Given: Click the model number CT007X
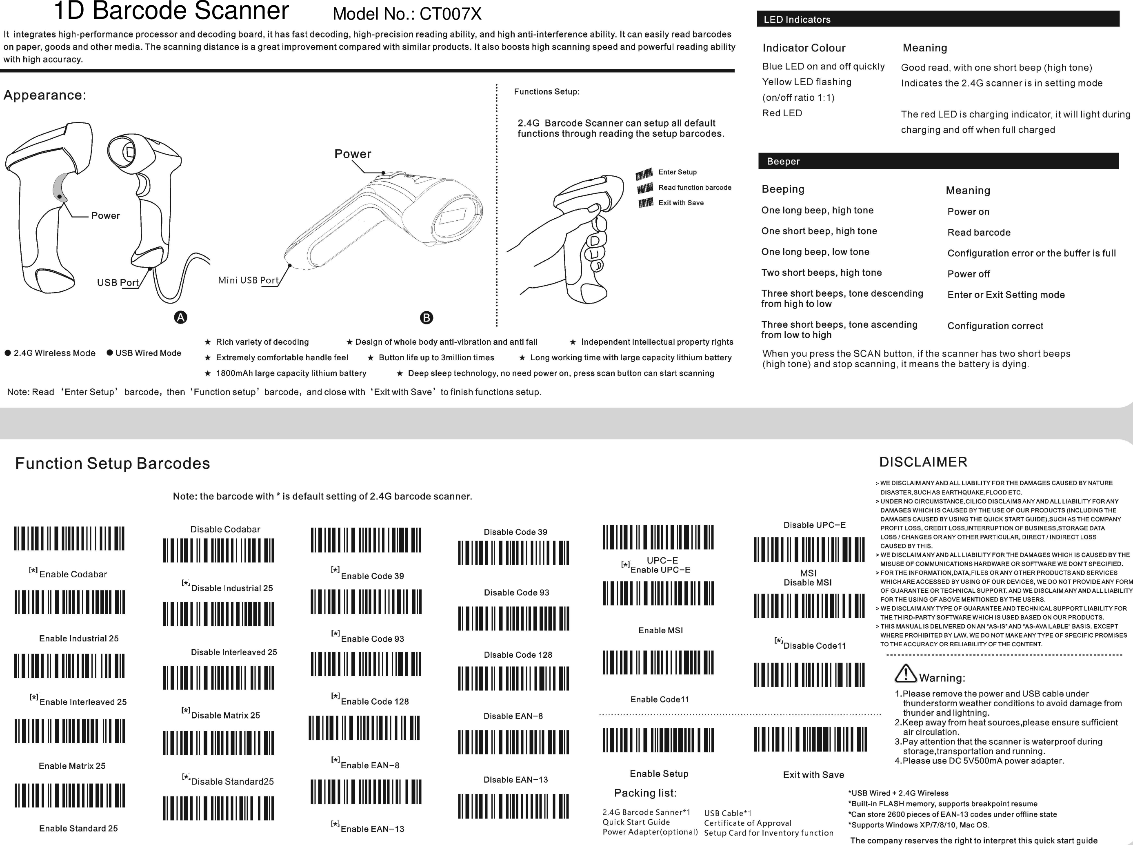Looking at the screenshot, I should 450,14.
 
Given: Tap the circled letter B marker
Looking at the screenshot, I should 426,318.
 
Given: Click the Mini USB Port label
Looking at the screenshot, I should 248,280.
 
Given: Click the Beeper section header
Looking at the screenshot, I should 938,161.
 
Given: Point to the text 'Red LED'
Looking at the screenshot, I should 782,113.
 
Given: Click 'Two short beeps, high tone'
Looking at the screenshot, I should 821,273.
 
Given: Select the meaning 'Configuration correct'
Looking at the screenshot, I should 995,326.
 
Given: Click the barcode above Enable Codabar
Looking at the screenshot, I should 69,538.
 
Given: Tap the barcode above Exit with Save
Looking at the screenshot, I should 810,739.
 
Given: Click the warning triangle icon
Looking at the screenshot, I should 905,673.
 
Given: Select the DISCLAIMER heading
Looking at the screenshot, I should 923,462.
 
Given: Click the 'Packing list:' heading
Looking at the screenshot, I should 645,793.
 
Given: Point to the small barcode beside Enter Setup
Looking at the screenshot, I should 644,174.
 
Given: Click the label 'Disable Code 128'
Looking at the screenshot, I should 518,655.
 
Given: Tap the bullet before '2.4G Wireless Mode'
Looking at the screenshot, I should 8,353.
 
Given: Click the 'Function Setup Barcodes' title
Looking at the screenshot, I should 113,463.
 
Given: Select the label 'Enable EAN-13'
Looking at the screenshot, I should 372,829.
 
